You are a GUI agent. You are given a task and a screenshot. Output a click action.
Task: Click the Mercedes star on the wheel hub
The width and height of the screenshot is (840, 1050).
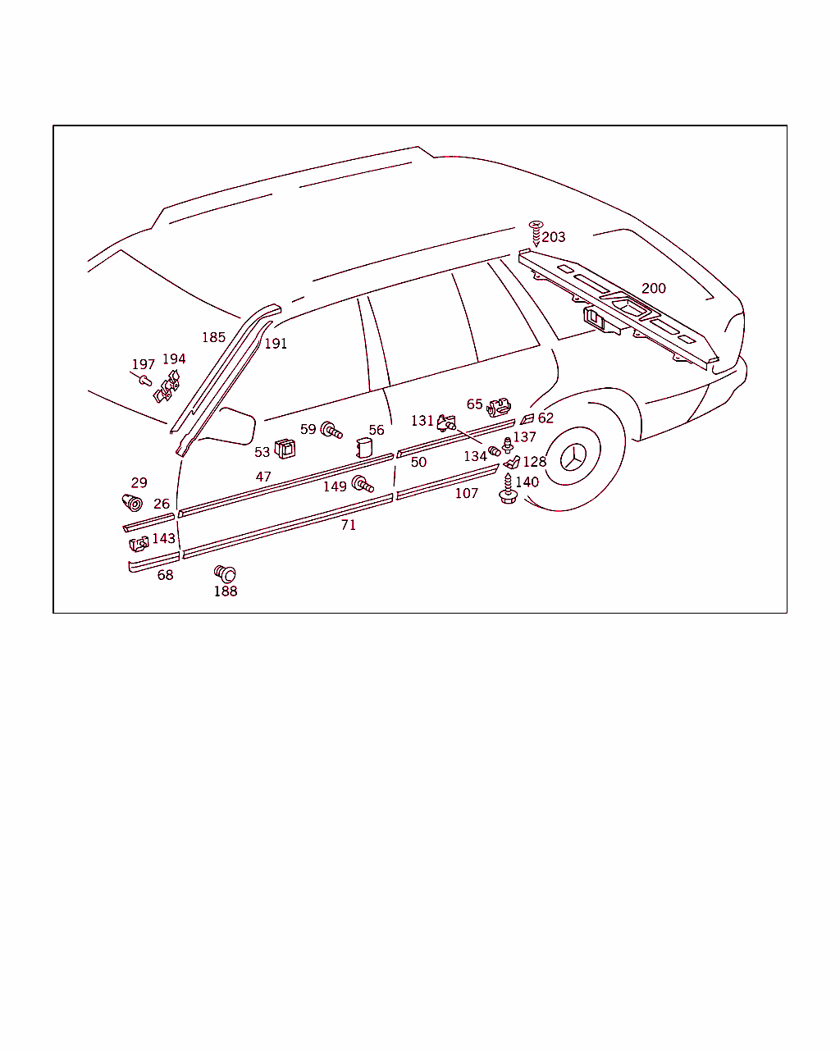coord(573,458)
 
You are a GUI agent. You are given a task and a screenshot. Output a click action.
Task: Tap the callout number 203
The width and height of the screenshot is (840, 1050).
coord(553,237)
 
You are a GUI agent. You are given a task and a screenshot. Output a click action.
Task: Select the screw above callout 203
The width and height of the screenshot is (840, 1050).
coord(536,233)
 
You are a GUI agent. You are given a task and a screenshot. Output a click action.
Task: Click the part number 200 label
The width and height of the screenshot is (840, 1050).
coord(654,289)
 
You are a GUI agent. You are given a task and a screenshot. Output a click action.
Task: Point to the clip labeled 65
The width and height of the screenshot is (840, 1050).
coord(498,408)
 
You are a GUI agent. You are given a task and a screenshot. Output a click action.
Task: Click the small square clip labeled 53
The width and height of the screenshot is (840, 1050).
coord(285,449)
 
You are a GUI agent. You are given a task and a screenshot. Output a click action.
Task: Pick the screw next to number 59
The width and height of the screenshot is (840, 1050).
coord(331,431)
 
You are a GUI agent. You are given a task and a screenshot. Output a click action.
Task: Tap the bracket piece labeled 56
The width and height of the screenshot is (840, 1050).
coord(364,447)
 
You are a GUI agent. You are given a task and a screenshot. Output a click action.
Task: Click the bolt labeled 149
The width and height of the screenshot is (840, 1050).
coord(362,483)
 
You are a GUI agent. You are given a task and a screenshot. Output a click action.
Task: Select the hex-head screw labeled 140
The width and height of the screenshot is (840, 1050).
coord(508,488)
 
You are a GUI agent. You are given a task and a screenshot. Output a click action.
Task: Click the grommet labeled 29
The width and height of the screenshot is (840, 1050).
coord(132,502)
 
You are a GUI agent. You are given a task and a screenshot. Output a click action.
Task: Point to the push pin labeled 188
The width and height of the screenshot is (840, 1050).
coord(225,573)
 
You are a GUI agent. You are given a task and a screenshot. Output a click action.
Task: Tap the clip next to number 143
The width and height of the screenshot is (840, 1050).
coord(139,544)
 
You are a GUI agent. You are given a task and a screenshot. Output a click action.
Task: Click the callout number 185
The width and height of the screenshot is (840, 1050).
coord(214,337)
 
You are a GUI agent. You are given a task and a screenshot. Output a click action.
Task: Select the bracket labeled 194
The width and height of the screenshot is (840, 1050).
coord(167,387)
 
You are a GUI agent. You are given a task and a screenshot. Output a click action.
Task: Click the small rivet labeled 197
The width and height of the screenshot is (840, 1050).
coord(145,380)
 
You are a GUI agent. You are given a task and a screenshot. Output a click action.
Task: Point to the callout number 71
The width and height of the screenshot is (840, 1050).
coord(348,525)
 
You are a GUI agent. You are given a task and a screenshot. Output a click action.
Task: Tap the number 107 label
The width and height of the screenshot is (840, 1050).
coord(467,494)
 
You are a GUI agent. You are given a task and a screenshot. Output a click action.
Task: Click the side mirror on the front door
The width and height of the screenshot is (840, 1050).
coord(229,427)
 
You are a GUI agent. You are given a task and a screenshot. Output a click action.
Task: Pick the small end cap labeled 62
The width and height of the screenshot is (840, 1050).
coord(527,418)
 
